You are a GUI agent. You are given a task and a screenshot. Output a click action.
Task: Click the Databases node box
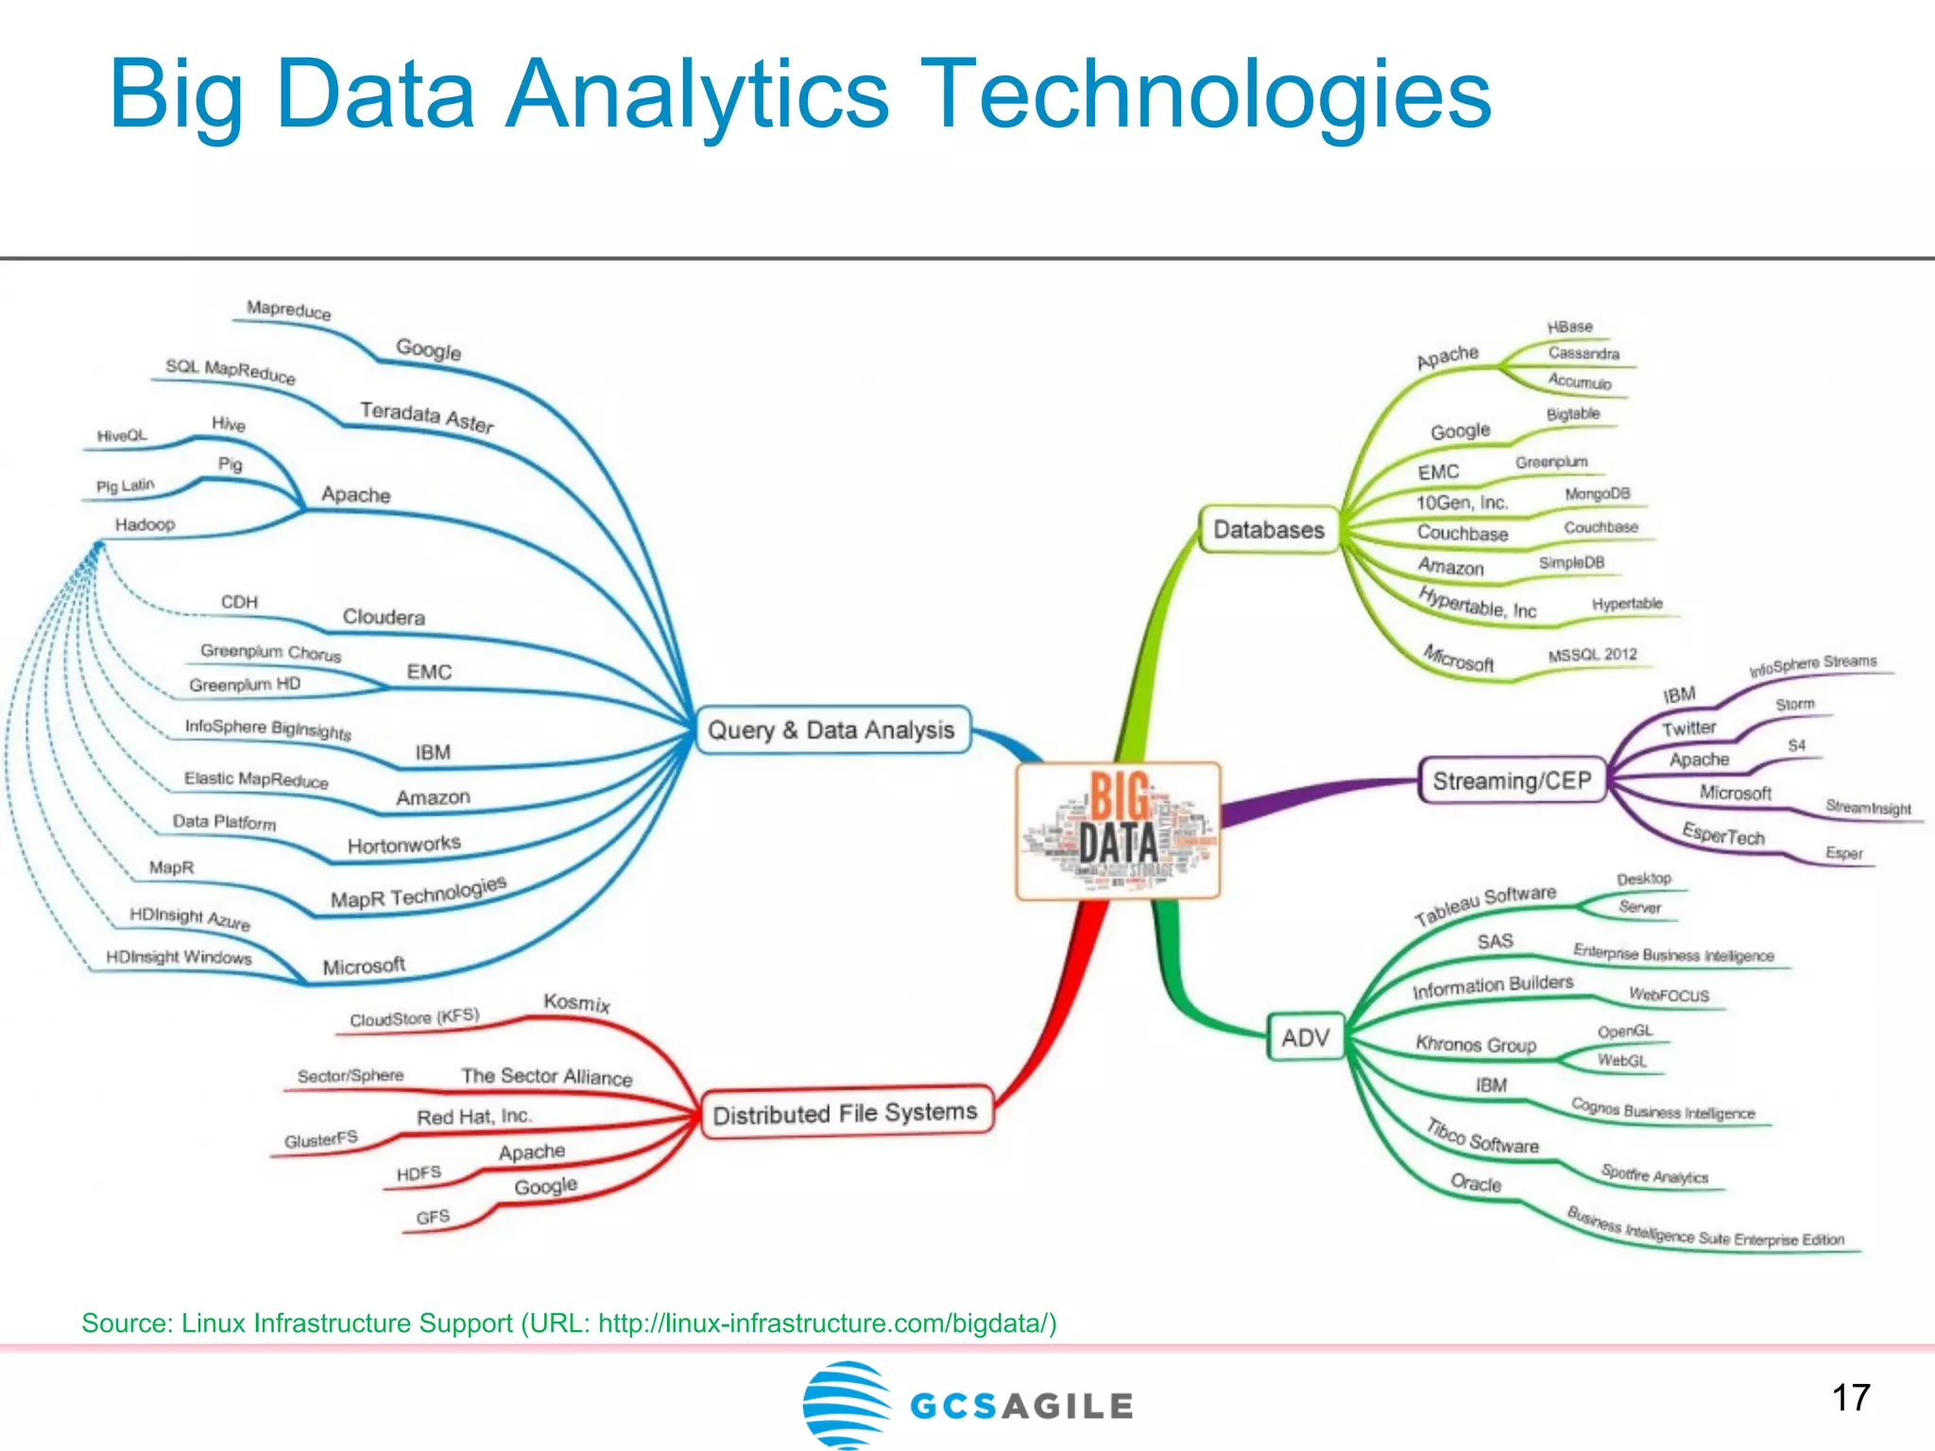(x=1269, y=530)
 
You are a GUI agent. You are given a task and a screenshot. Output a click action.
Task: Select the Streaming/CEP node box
(x=1512, y=780)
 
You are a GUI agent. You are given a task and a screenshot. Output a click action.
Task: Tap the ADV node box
(x=1306, y=1037)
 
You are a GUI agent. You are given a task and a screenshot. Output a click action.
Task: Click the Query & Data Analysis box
(x=831, y=730)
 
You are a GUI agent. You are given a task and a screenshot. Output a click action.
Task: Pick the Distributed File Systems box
(x=845, y=1113)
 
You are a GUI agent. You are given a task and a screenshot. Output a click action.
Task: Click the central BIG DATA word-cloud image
(x=1119, y=830)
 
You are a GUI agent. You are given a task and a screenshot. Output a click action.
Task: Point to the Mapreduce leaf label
(x=288, y=310)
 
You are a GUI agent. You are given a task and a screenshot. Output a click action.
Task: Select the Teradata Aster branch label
(x=427, y=416)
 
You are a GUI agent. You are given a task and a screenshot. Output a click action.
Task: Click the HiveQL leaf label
(x=123, y=435)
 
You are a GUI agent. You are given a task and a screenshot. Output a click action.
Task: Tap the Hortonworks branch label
(x=404, y=844)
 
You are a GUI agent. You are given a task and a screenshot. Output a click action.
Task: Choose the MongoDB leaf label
(x=1597, y=494)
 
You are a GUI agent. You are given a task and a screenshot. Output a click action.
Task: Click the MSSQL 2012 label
(x=1592, y=655)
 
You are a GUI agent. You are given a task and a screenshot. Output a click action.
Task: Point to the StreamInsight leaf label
(x=1868, y=808)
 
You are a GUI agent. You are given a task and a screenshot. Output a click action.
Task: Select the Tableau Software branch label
(x=1484, y=904)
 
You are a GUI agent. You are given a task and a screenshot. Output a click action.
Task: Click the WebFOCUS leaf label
(x=1669, y=995)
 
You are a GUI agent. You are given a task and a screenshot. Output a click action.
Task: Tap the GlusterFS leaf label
(x=321, y=1139)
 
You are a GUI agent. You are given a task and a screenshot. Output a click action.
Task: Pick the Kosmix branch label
(x=576, y=1002)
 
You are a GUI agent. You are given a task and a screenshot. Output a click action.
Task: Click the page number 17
(x=1851, y=1397)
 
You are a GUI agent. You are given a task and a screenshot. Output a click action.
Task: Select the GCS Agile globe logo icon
(x=847, y=1404)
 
